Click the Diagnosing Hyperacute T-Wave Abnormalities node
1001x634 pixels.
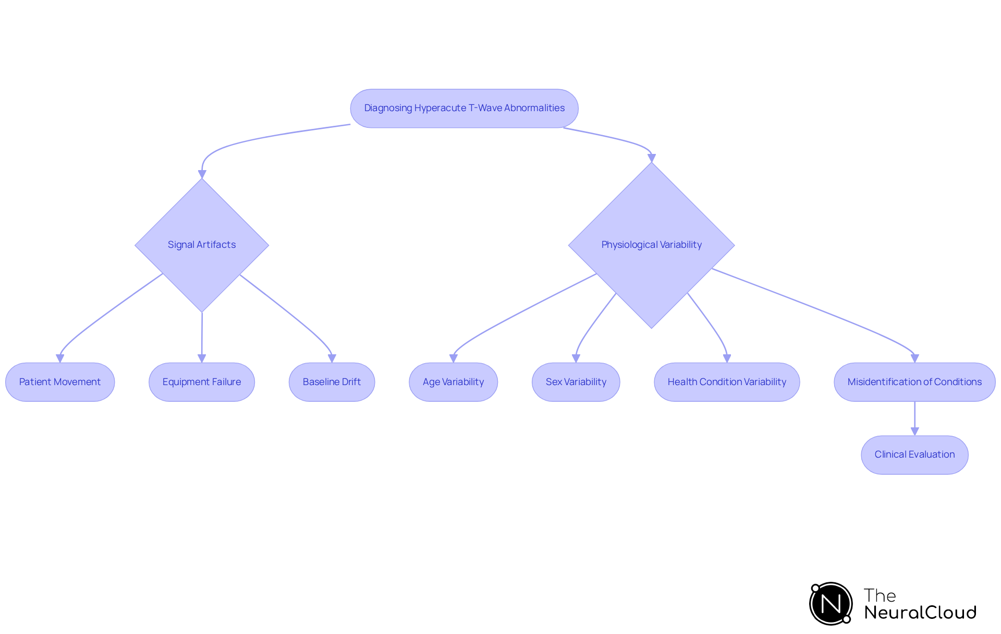coord(464,109)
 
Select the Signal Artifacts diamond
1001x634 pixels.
coord(202,245)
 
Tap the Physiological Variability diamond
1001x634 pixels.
coord(651,245)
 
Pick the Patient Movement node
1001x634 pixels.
coord(60,382)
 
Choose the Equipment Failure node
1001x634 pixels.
coord(202,382)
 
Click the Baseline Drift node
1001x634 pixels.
coord(332,382)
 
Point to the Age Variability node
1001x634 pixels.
coord(453,382)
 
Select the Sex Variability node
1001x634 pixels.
coord(576,382)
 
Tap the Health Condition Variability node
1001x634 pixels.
coord(727,382)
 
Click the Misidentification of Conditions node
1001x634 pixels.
coord(914,382)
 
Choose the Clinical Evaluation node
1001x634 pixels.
coord(914,454)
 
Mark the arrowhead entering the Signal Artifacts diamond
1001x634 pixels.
coord(202,174)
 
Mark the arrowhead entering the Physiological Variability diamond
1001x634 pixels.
coord(651,158)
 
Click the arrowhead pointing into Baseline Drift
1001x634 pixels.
coord(332,358)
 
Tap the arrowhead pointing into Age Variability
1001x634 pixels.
coord(453,358)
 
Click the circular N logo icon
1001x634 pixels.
coord(831,604)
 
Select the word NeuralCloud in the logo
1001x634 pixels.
coord(920,613)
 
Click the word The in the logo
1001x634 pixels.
coord(880,595)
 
